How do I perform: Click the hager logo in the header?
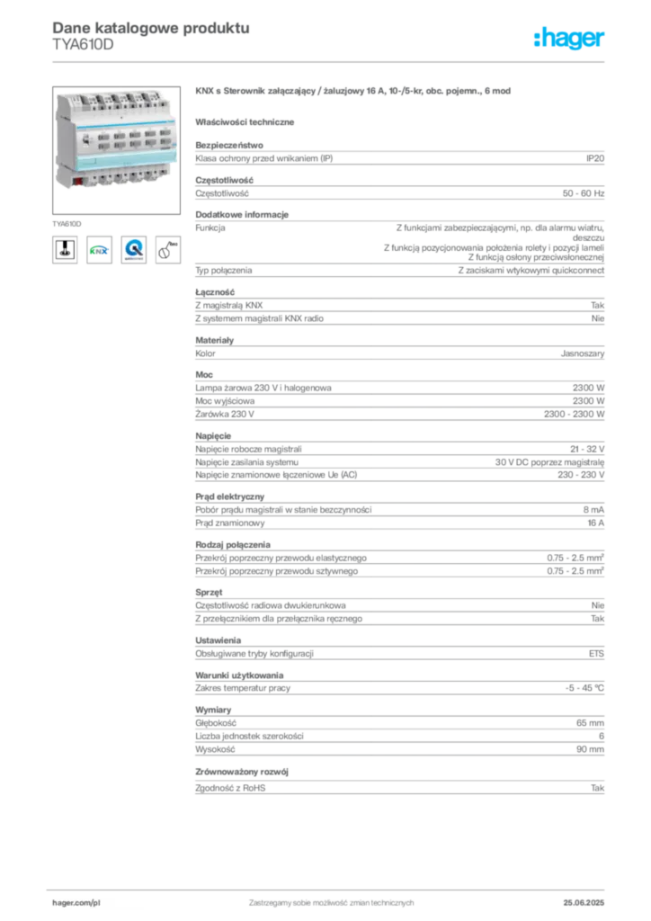point(569,38)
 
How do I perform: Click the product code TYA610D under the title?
point(83,45)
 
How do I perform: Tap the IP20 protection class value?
point(595,158)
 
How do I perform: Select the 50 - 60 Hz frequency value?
point(584,193)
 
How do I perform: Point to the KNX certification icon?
point(99,250)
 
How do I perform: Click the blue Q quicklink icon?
point(134,250)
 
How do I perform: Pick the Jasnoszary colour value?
point(583,353)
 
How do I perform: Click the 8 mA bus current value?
point(593,510)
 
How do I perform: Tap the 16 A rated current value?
point(596,523)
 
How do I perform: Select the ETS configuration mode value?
point(596,653)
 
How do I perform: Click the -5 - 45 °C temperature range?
point(584,688)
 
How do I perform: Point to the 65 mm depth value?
point(590,723)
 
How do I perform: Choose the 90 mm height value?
point(590,749)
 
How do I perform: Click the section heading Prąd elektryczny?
point(229,496)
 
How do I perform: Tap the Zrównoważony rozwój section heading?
point(242,772)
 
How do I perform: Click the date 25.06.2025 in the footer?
point(584,903)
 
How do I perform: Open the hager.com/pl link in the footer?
point(76,903)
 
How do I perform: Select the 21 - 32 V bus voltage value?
point(587,450)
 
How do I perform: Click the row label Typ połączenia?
point(224,271)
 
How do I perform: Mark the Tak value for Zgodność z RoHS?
point(598,788)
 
